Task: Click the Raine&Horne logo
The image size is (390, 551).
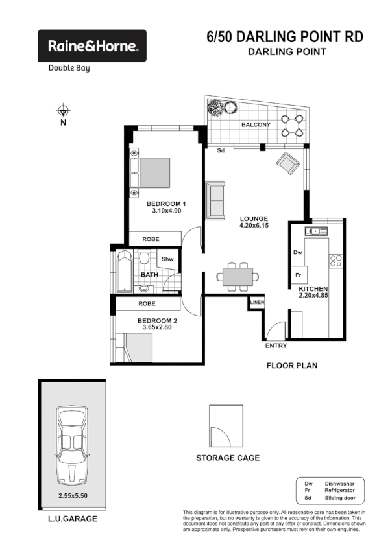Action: [91, 46]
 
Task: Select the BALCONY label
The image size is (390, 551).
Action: [256, 124]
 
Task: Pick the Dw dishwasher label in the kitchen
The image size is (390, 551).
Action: [298, 252]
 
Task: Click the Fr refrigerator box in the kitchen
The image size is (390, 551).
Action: [299, 275]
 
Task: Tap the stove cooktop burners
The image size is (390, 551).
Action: [337, 261]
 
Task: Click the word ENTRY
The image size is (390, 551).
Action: [276, 346]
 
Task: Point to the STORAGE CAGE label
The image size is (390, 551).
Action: [228, 458]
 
